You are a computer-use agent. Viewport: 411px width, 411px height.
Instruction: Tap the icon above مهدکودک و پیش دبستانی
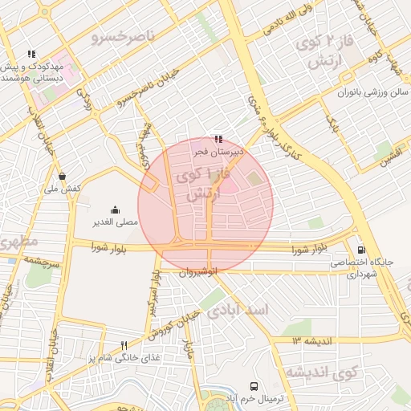(x=31, y=54)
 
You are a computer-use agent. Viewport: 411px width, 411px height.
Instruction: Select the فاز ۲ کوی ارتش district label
(x=319, y=52)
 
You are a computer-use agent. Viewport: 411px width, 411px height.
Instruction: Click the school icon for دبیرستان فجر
(x=218, y=139)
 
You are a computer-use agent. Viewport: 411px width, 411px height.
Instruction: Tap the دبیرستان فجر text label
(x=218, y=151)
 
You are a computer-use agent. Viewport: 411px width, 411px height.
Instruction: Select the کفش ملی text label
(x=62, y=188)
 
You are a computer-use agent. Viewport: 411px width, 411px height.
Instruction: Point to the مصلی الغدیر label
(x=115, y=221)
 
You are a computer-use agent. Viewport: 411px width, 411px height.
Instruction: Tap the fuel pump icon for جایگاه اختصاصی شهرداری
(x=360, y=250)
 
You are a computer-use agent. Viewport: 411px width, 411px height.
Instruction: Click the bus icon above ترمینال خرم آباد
(x=254, y=386)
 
